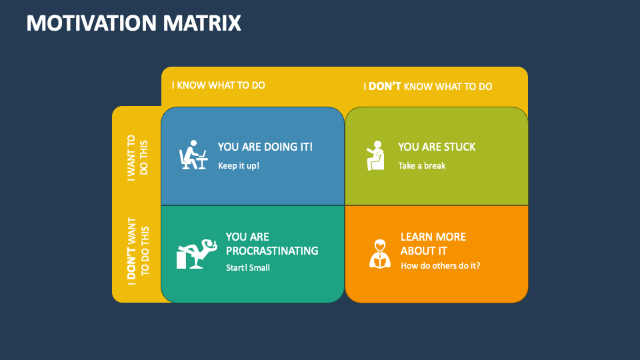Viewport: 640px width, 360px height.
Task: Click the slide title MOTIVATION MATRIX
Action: pos(133,23)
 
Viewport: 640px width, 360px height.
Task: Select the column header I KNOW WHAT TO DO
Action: pos(219,85)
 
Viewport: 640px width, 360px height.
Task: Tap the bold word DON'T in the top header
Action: pos(385,87)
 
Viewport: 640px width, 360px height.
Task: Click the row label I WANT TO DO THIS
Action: pos(137,158)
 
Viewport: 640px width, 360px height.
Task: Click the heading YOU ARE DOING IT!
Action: pos(265,147)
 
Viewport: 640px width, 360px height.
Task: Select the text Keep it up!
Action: pos(238,165)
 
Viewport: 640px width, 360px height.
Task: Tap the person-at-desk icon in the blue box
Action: pos(193,155)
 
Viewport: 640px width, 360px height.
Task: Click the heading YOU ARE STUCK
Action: pos(437,147)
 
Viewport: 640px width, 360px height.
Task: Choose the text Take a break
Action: pos(421,165)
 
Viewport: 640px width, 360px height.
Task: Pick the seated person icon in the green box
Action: pos(375,155)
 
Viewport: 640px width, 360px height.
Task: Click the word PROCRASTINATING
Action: pos(272,251)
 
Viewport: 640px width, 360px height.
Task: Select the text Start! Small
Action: pos(248,268)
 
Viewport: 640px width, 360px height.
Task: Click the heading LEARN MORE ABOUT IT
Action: pos(433,244)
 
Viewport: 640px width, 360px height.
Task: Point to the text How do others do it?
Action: pos(440,265)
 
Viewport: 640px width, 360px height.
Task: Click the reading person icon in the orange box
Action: pos(380,253)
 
